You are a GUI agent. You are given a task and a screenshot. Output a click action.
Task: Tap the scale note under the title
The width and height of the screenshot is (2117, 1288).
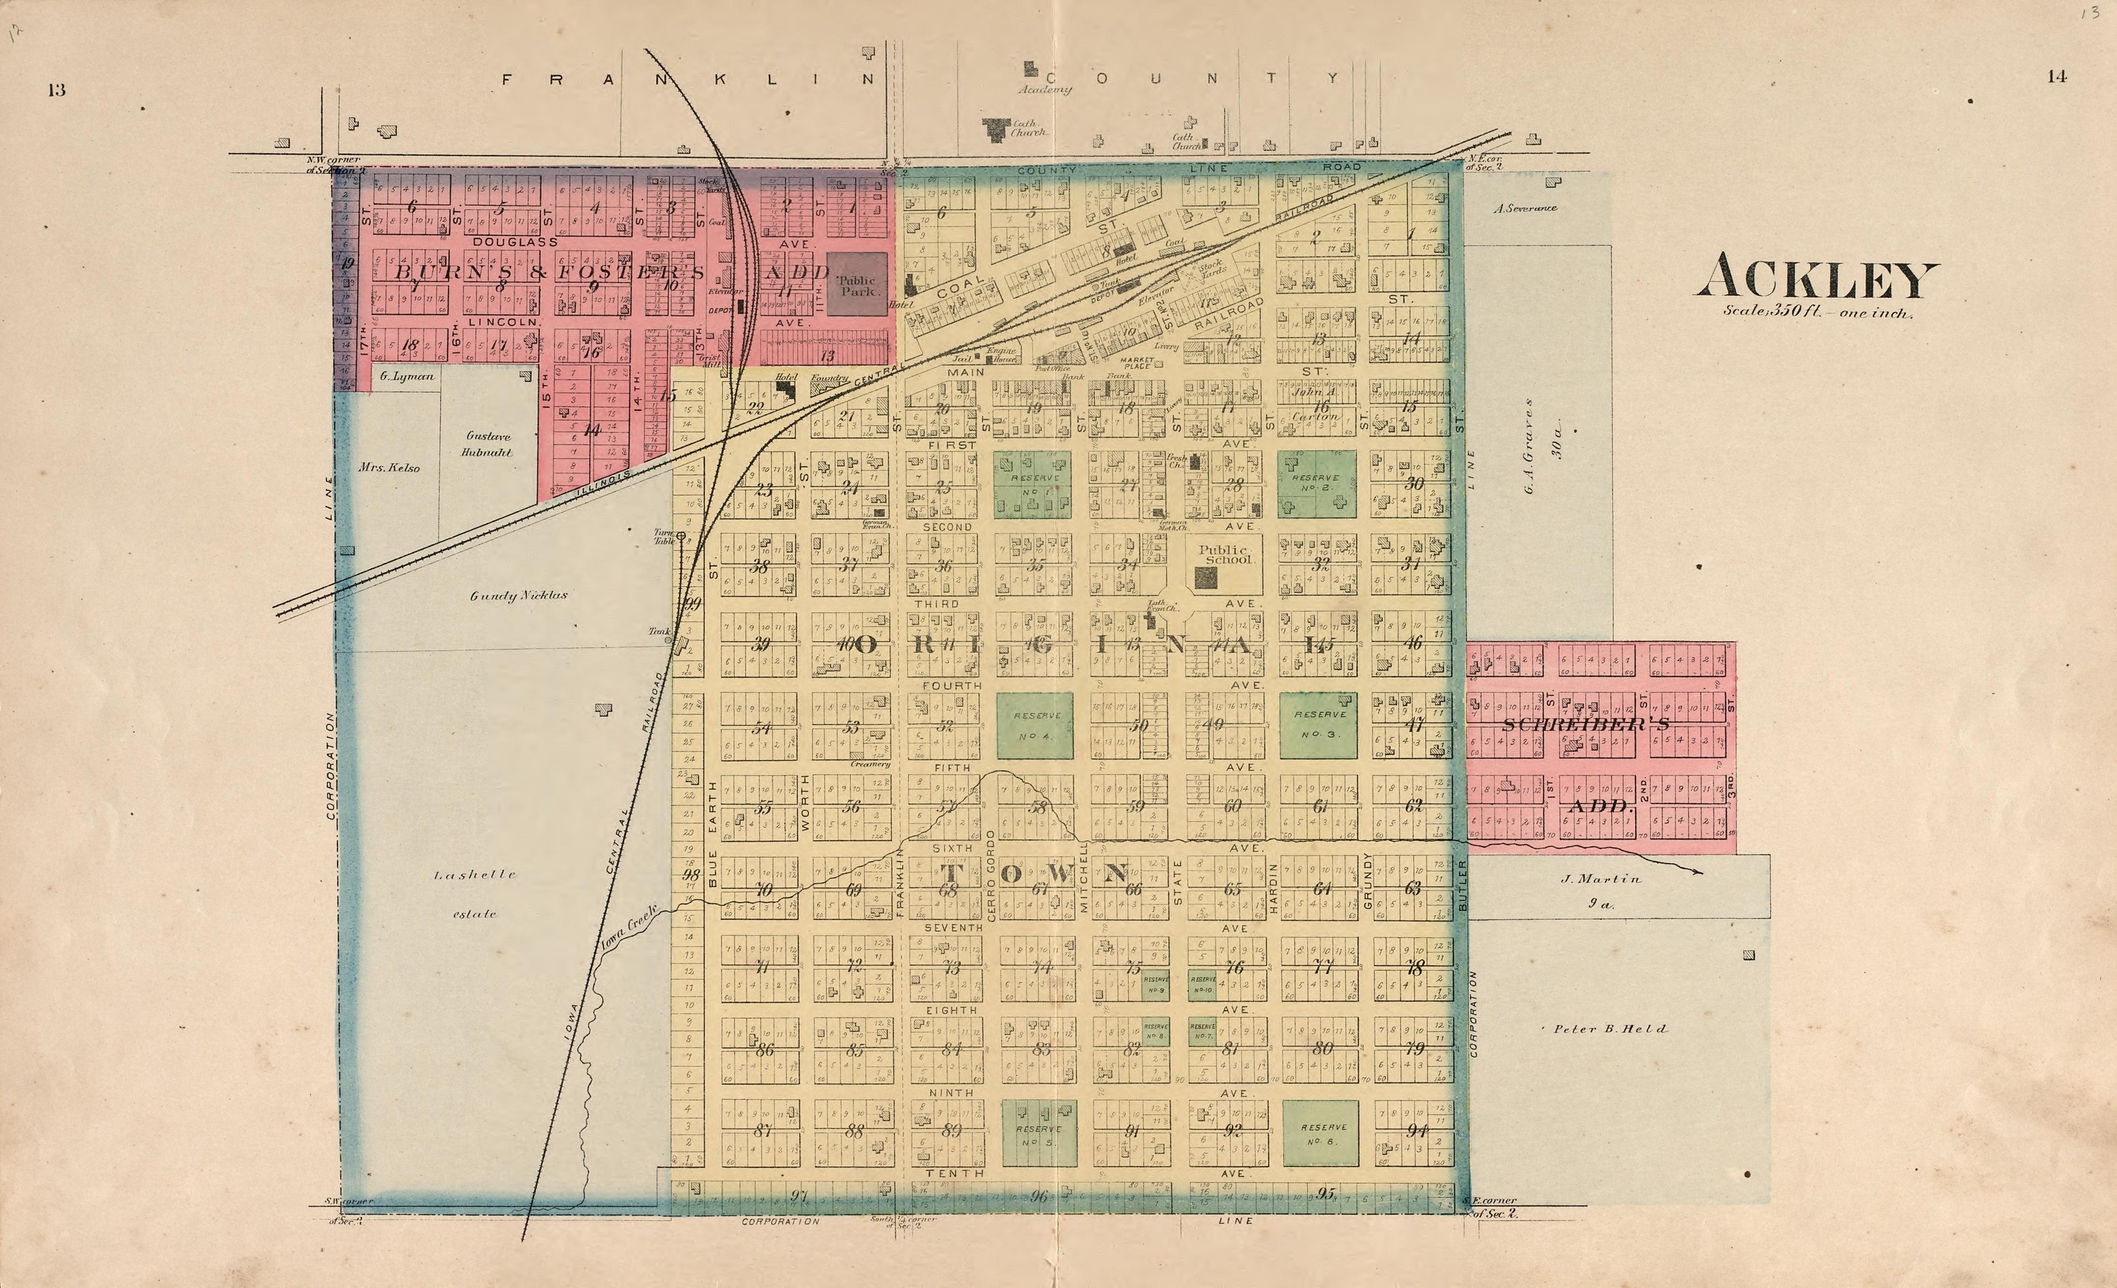click(1817, 312)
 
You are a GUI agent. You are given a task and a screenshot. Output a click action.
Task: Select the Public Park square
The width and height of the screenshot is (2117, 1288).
click(857, 283)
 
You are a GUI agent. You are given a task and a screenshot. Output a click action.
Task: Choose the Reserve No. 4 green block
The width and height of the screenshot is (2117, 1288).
click(1035, 725)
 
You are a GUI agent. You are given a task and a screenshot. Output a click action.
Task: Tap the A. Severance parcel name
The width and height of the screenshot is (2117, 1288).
click(1525, 208)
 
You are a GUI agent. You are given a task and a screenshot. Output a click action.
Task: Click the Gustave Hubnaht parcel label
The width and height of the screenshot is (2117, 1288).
click(487, 443)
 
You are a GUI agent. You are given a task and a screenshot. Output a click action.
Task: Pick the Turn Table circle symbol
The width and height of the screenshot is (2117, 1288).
click(681, 535)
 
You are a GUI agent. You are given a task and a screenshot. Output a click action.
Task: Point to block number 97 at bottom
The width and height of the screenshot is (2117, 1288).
click(799, 1195)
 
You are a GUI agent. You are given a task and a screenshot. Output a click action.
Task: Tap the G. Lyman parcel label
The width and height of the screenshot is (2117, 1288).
click(406, 377)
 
